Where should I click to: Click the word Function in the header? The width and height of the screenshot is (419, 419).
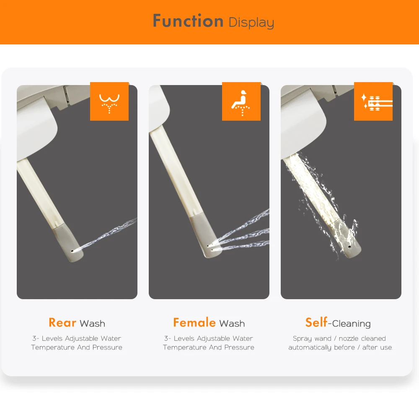[188, 21]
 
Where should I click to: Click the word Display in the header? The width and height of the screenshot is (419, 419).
[251, 22]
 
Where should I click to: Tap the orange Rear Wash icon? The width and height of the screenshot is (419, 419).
[109, 101]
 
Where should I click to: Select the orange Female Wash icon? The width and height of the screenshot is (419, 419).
[241, 101]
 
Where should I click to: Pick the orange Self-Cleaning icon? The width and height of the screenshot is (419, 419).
[373, 101]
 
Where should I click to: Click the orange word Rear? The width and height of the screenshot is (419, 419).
[62, 323]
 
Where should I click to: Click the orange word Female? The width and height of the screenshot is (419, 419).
[194, 323]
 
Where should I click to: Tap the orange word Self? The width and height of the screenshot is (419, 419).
[316, 323]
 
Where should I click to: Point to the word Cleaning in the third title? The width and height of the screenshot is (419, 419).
[352, 324]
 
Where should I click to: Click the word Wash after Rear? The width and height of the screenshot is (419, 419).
[93, 323]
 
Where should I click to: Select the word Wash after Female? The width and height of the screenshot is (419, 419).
[232, 323]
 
